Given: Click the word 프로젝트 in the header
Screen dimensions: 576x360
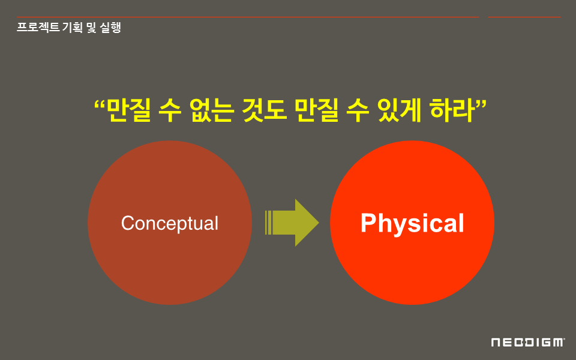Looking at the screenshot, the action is pyautogui.click(x=38, y=27).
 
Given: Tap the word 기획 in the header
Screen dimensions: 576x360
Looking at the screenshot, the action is pyautogui.click(x=73, y=27).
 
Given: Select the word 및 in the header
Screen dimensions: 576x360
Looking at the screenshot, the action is pyautogui.click(x=91, y=27).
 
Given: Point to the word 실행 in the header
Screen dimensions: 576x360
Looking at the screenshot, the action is pyautogui.click(x=110, y=27).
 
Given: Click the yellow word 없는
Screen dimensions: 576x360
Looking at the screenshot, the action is pyautogui.click(x=212, y=110).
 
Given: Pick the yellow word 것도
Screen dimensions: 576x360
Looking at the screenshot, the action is pyautogui.click(x=264, y=110).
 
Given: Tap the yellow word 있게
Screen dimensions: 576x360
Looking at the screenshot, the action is pyautogui.click(x=399, y=110).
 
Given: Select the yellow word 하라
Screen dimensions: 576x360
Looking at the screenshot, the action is pyautogui.click(x=452, y=110).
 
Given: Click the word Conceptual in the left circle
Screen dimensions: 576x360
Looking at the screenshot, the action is pyautogui.click(x=170, y=223).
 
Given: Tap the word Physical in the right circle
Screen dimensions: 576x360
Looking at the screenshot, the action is pyautogui.click(x=412, y=223).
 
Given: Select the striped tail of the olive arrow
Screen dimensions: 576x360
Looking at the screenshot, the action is pyautogui.click(x=269, y=223).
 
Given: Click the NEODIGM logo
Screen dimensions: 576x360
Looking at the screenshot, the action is pyautogui.click(x=528, y=343).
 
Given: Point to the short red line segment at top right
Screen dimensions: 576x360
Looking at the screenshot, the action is pyautogui.click(x=524, y=17).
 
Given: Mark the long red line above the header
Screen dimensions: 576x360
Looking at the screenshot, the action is pyautogui.click(x=248, y=17).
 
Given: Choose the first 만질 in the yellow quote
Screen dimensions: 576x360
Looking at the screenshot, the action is pyautogui.click(x=128, y=110).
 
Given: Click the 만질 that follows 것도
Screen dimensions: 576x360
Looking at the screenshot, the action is pyautogui.click(x=317, y=110).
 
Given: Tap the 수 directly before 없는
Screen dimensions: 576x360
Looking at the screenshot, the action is pyautogui.click(x=170, y=110).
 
